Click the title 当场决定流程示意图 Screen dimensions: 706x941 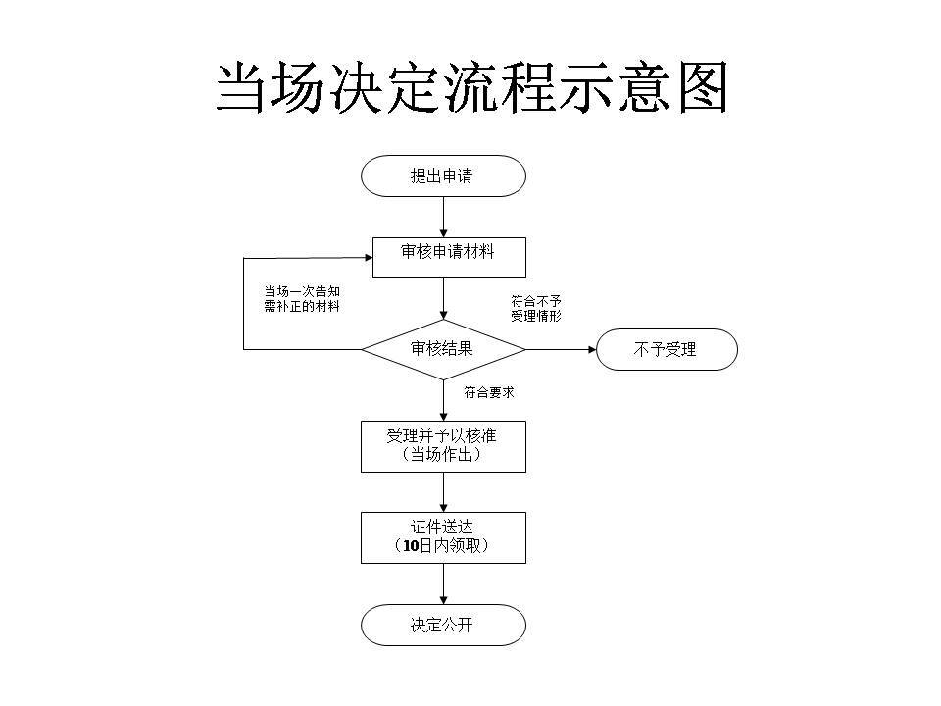(x=471, y=89)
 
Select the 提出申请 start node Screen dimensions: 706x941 (x=443, y=176)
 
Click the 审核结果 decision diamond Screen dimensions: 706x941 (x=443, y=349)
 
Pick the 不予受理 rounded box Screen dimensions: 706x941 (x=667, y=349)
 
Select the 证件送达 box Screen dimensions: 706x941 (x=443, y=536)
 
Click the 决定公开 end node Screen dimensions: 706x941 (x=443, y=625)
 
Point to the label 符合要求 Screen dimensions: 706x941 (x=489, y=392)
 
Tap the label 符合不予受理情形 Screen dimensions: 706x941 (x=536, y=308)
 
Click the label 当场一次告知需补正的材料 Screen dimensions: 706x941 (x=302, y=299)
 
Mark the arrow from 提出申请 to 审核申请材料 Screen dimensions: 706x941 (x=443, y=217)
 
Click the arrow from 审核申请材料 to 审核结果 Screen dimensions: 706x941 (x=443, y=298)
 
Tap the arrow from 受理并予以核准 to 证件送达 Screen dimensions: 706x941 (x=443, y=491)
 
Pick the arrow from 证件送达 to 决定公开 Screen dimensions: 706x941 (x=443, y=583)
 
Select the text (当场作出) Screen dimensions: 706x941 (x=443, y=455)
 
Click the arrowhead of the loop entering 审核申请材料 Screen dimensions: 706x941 (x=367, y=257)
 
